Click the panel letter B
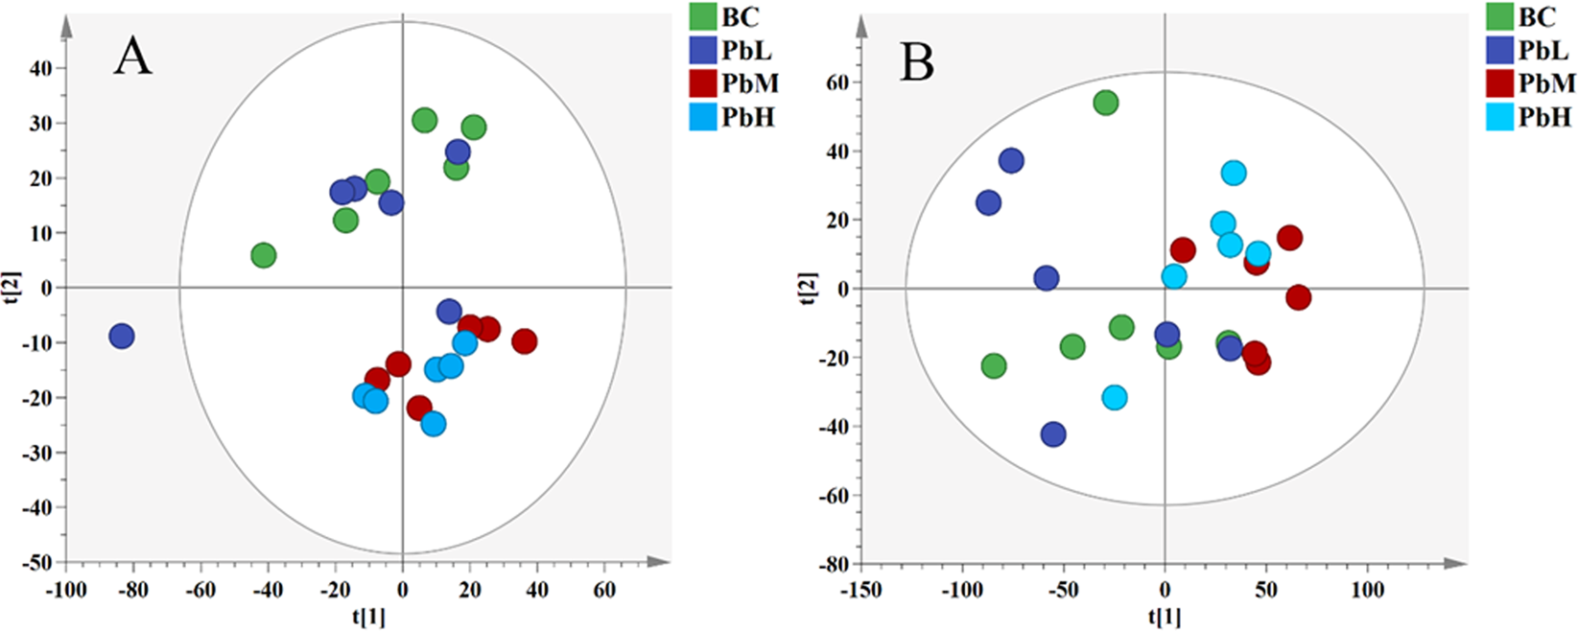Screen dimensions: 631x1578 917,63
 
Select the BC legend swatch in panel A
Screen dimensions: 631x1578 703,16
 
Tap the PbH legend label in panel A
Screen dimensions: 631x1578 747,117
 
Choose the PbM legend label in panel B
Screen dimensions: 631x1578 1546,83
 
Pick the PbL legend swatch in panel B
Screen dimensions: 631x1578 1500,50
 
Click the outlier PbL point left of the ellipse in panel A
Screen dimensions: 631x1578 121,337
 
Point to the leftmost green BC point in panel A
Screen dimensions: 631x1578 264,256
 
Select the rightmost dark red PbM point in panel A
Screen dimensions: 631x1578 524,341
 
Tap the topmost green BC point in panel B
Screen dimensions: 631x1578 1106,103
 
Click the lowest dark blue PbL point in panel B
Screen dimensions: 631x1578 1053,434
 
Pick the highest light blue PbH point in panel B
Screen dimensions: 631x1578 1234,174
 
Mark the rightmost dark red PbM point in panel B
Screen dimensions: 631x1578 1298,297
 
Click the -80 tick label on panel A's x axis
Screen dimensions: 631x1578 132,591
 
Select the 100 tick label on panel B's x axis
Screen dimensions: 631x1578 1368,589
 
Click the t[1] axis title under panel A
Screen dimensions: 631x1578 368,618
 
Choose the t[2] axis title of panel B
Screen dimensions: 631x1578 809,289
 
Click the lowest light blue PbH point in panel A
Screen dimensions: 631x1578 434,424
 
